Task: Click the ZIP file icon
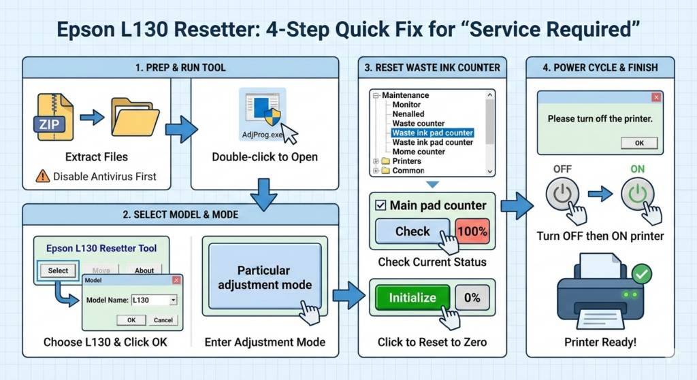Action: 53,117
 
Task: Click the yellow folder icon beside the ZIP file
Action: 135,116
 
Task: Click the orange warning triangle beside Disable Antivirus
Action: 42,176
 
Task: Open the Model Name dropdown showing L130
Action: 173,300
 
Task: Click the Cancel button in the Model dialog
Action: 163,320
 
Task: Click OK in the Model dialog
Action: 131,320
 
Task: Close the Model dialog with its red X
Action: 176,280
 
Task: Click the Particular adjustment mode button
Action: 265,276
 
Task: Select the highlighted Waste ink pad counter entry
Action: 432,133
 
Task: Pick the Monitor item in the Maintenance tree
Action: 406,104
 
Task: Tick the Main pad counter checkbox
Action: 380,205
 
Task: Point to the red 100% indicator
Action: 472,231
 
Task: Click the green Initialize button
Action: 412,298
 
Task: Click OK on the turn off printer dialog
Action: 639,143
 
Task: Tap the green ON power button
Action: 637,194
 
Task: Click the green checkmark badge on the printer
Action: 641,275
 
